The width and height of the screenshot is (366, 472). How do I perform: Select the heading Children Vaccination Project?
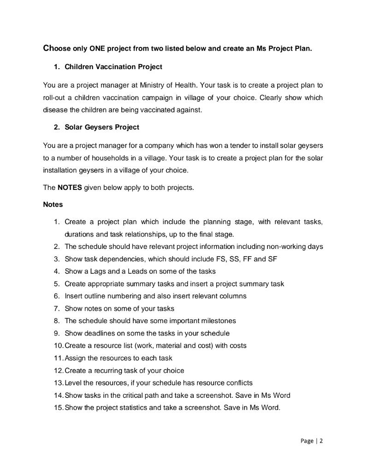pyautogui.click(x=113, y=67)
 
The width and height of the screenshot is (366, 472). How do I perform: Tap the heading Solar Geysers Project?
pyautogui.click(x=101, y=127)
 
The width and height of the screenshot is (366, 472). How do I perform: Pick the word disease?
pyautogui.click(x=55, y=110)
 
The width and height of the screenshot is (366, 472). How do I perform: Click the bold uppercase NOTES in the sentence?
pyautogui.click(x=70, y=188)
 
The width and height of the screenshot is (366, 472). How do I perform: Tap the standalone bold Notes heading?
pyautogui.click(x=53, y=204)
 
